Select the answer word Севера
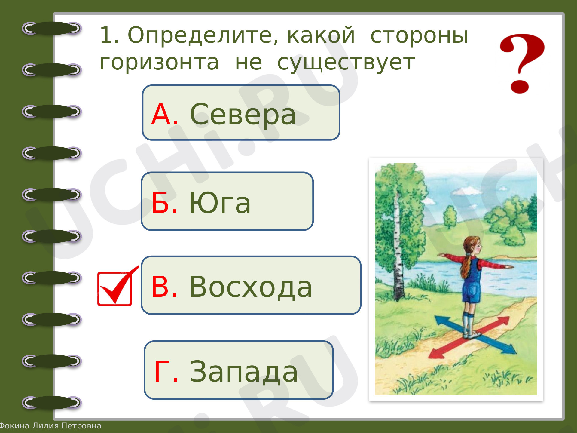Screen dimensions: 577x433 pos(243,115)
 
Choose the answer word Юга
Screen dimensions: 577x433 pos(220,203)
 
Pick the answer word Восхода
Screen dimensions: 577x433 pos(251,287)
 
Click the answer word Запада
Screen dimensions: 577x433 pos(244,372)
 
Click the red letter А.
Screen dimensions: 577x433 pos(164,114)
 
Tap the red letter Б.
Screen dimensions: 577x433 pos(164,203)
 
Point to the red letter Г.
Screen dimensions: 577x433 pos(166,372)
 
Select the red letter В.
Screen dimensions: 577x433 pos(164,287)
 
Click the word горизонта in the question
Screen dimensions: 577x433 pos(159,63)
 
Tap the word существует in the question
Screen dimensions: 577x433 pos(346,63)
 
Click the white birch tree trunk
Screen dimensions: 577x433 pos(398,247)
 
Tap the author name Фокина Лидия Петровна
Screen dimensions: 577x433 pos(50,426)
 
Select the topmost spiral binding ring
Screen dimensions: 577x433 pos(51,28)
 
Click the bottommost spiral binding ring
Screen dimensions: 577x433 pos(51,402)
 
